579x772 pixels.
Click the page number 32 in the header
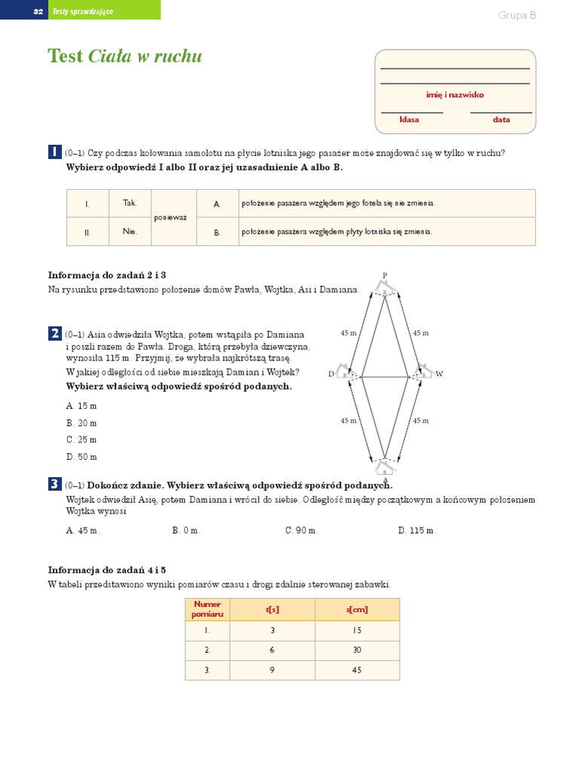coord(38,11)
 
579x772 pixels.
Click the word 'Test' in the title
coord(66,57)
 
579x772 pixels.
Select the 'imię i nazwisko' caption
coord(455,95)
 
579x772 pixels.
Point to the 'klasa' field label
coord(409,119)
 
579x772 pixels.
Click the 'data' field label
coord(501,119)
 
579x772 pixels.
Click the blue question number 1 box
coord(55,152)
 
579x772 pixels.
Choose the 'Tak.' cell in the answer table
coord(130,203)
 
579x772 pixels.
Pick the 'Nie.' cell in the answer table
coord(130,231)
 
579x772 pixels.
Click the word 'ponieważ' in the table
coord(172,217)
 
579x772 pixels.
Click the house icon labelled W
coord(421,371)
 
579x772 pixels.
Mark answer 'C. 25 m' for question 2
coord(81,440)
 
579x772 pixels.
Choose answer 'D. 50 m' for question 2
coord(81,457)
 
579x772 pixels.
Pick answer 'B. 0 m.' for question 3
coord(186,530)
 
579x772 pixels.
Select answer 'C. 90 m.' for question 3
coord(302,530)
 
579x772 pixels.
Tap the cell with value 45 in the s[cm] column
coord(357,669)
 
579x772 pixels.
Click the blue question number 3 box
coord(55,484)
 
